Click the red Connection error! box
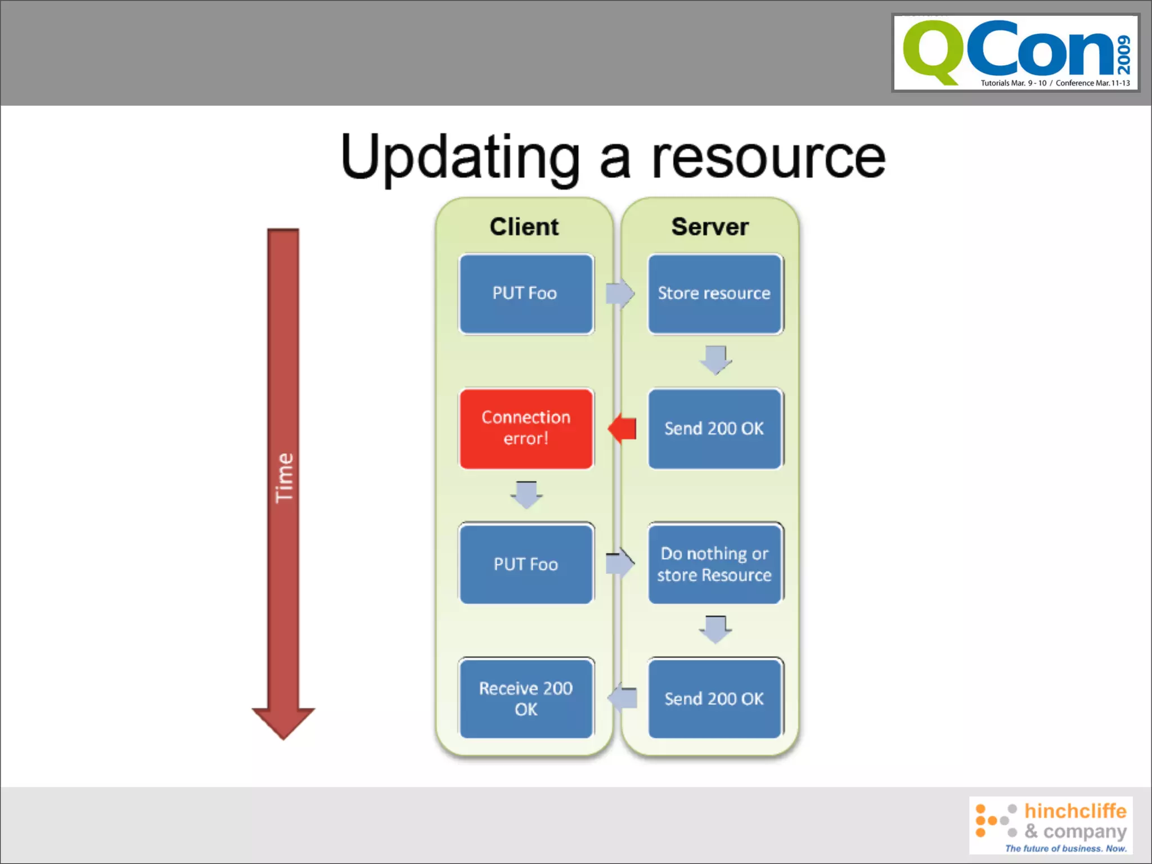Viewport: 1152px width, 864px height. click(526, 428)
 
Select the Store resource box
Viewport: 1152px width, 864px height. click(714, 294)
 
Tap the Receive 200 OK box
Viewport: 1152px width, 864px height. click(526, 698)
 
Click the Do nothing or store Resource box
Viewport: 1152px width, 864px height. click(714, 564)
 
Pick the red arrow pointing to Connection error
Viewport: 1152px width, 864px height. click(622, 428)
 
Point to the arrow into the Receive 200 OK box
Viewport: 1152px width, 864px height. click(622, 698)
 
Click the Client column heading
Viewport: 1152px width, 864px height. click(524, 227)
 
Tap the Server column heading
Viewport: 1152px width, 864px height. click(710, 227)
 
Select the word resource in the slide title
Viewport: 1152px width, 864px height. click(768, 159)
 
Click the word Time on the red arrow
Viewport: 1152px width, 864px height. click(284, 478)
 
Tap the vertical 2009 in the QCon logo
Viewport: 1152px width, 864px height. click(1124, 55)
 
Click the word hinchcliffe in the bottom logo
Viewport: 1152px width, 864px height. click(1075, 811)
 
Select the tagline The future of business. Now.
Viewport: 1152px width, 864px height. click(1066, 848)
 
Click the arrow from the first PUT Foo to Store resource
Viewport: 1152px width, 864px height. click(620, 293)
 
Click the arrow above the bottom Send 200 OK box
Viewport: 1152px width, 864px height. click(715, 629)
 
